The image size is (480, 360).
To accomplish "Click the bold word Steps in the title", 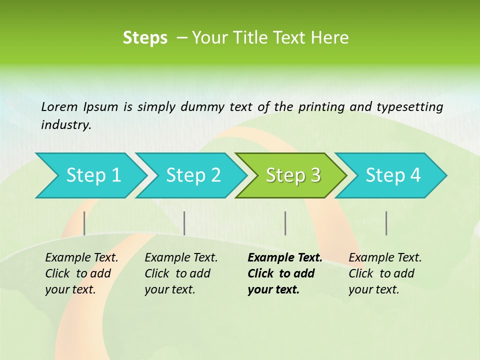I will point(145,38).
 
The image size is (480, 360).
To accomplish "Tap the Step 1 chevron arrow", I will point(90,175).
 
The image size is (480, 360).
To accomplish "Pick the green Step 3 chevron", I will point(292,175).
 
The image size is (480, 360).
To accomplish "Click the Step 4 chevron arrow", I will point(392,175).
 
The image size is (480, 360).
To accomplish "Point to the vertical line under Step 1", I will point(84,223).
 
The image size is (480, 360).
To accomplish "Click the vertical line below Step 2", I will point(184,223).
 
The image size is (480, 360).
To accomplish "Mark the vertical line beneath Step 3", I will point(285,223).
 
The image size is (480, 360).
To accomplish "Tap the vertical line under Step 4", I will point(386,223).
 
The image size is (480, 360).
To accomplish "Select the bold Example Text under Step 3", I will point(285,258).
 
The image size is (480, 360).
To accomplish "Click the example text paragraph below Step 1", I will point(81,273).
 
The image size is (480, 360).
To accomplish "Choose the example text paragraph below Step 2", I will point(181,273).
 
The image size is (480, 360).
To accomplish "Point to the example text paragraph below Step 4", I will point(385,273).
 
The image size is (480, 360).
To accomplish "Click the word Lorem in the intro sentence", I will point(59,107).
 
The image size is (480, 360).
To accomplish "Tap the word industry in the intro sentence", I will point(65,125).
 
